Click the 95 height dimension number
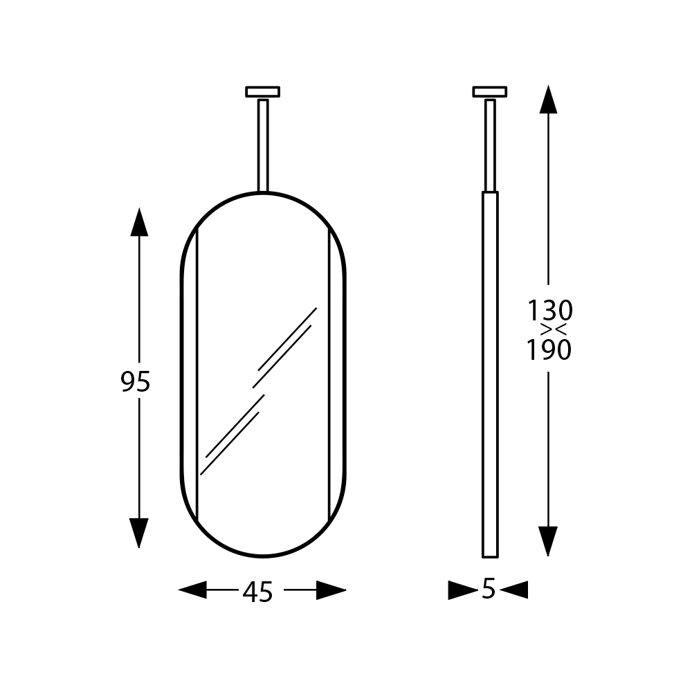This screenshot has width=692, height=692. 136,382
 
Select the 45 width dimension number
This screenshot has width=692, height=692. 257,592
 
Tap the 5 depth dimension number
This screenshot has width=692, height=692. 488,588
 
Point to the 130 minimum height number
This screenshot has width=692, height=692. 550,310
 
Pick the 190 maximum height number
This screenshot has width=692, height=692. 549,350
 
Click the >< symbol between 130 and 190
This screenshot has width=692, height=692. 554,329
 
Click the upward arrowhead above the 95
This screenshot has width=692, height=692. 139,222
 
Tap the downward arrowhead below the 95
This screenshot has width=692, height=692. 139,533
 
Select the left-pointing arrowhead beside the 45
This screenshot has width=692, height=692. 192,590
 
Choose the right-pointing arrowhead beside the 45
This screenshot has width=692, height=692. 331,590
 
